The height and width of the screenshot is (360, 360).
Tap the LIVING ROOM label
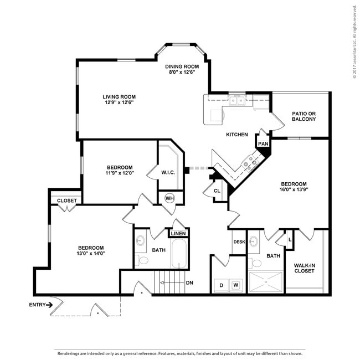(119, 96)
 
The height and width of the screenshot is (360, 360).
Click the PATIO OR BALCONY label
(304, 116)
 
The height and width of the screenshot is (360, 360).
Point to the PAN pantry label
(263, 143)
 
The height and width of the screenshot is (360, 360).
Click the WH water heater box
(169, 198)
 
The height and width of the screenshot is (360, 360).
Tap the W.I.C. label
(168, 172)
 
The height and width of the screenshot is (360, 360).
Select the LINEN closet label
(178, 234)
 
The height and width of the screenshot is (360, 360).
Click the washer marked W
(236, 285)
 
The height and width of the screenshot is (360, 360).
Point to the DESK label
(239, 242)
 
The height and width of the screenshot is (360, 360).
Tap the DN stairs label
(189, 283)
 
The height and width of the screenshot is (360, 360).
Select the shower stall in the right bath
(266, 282)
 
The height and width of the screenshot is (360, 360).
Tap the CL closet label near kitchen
(217, 191)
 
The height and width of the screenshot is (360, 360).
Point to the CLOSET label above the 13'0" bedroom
(67, 200)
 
